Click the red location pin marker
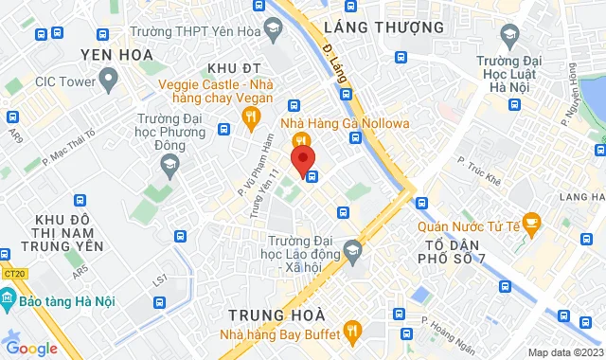coord(303,159)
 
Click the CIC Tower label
coord(65,81)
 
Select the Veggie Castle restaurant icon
coord(251,117)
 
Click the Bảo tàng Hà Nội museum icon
coord(9,301)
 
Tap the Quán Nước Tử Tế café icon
coord(531,225)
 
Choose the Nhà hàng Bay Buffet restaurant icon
coord(353,331)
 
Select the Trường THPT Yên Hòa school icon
coord(273,27)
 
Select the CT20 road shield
coord(13,275)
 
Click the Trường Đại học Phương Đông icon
coord(169,166)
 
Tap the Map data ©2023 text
coord(562,352)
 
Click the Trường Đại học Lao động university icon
coord(353,251)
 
